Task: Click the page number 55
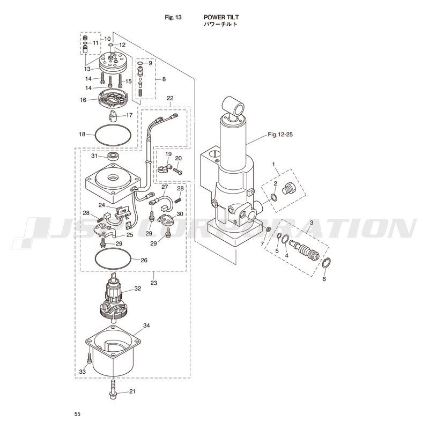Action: (x=78, y=414)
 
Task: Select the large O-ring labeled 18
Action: (x=113, y=135)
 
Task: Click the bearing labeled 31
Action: (x=113, y=157)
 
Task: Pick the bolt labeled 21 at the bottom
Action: (x=114, y=391)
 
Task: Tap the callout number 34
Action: (x=146, y=326)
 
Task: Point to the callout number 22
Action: (x=170, y=99)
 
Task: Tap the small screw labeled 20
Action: (x=180, y=171)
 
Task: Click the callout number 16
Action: (x=83, y=100)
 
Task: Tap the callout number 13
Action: (x=87, y=69)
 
